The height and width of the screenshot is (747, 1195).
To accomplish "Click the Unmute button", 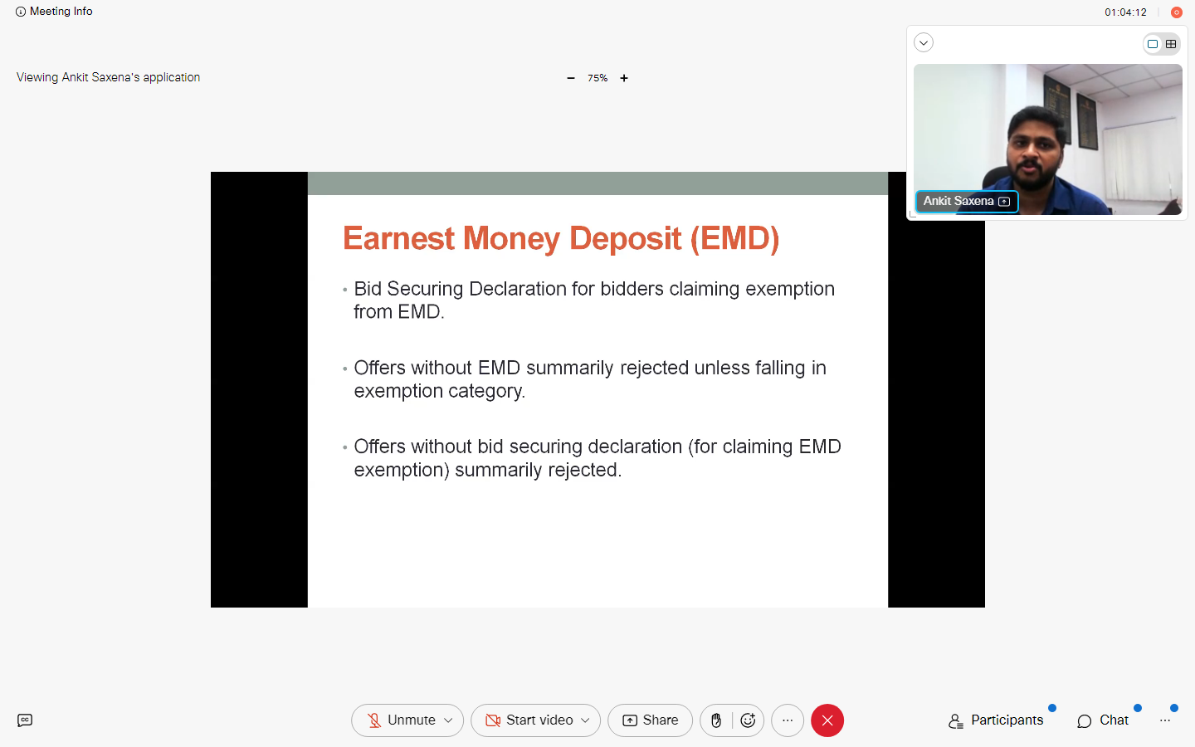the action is coord(407,720).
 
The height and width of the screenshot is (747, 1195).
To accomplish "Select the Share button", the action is coord(650,720).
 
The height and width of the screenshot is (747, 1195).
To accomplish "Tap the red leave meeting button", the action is coord(827,720).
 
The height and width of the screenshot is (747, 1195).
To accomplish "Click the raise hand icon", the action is coord(716,720).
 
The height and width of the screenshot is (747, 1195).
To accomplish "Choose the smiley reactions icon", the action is coord(748,720).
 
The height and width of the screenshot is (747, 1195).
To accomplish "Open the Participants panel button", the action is coord(996,720).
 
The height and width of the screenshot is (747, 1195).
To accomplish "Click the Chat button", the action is coord(1103,720).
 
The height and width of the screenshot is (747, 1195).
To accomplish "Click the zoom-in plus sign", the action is coord(624,78).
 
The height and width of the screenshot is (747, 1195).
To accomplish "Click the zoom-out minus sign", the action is coord(571,78).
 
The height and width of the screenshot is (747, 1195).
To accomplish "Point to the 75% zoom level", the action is coord(597,78).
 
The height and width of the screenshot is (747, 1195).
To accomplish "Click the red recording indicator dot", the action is coord(1176,12).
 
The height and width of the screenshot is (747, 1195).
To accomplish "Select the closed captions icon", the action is coord(25,720).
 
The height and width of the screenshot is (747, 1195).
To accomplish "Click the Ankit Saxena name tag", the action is coord(966,201).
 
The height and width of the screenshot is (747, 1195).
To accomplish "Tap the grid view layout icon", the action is coord(1170,44).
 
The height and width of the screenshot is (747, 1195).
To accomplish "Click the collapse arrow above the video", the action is coord(924,42).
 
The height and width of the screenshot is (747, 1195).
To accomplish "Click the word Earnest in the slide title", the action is coord(398,238).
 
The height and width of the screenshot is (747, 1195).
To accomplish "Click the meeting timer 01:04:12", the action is coord(1125,12).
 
